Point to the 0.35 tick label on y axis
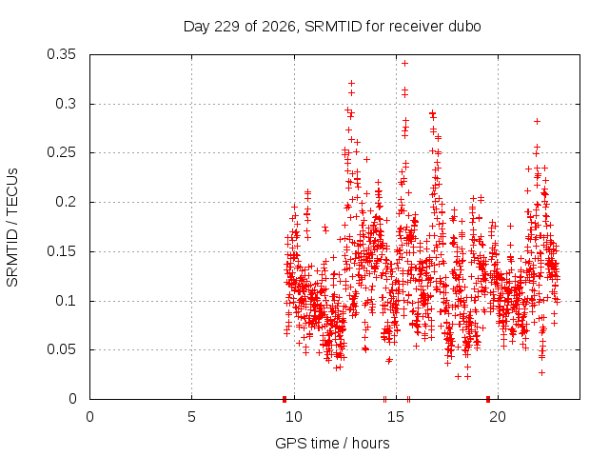(61, 54)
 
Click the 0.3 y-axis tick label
(66, 104)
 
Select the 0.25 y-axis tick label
(61, 152)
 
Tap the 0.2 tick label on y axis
(66, 202)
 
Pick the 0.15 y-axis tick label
(61, 251)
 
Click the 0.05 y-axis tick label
(61, 349)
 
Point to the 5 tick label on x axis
(191, 417)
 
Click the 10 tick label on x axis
(294, 417)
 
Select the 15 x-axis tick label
(396, 417)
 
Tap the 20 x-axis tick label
(498, 417)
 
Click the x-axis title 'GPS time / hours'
(332, 444)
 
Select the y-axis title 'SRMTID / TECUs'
(12, 228)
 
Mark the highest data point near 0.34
(404, 64)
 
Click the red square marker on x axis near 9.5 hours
(285, 399)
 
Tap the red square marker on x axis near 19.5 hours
(488, 399)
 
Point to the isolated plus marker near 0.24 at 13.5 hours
(366, 159)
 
